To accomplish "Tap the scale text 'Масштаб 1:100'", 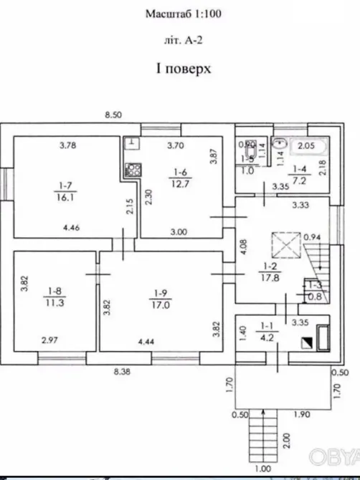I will (180, 14).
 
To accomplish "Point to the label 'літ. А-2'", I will (180, 41).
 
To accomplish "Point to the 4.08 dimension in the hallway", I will (244, 247).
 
